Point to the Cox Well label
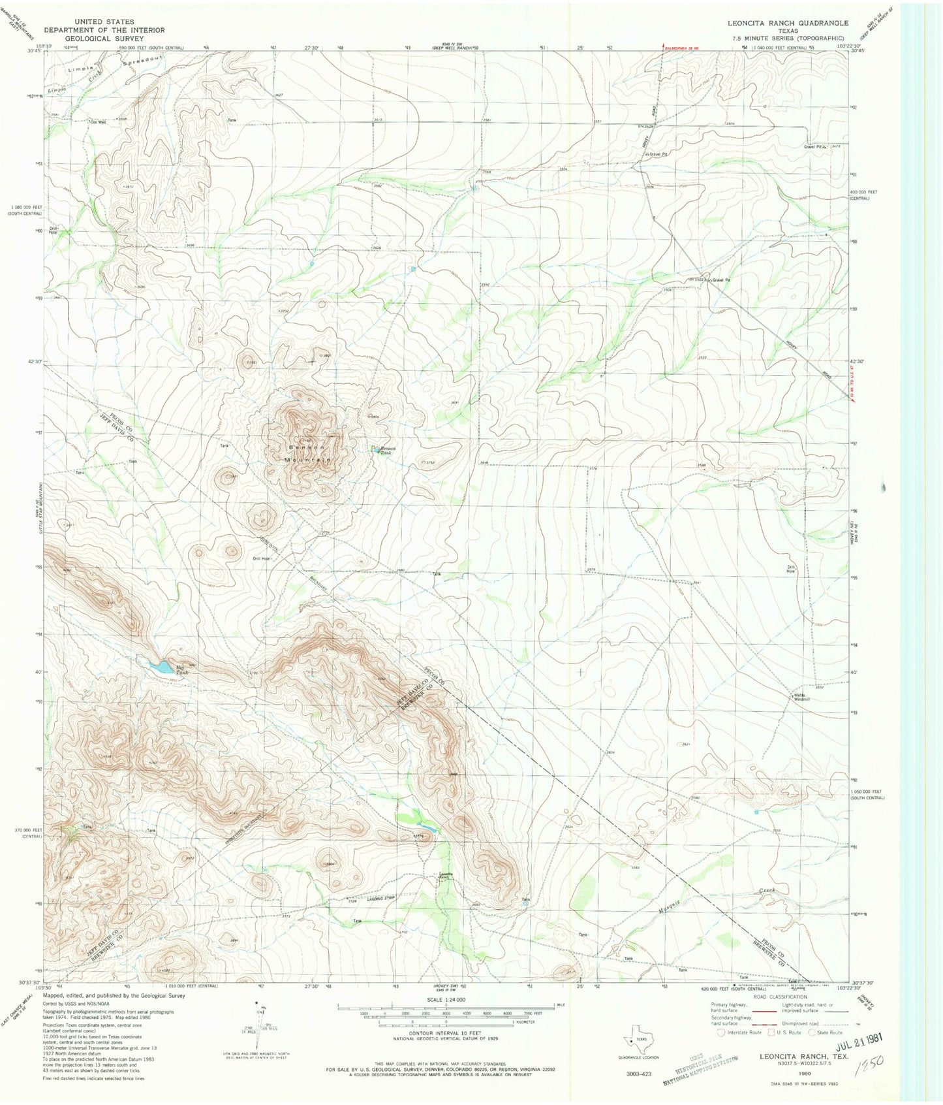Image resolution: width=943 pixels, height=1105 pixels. click(97, 121)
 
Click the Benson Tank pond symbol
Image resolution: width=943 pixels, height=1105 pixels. click(375, 449)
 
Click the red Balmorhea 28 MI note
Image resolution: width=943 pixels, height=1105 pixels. click(685, 48)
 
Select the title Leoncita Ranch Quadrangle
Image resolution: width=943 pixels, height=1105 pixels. click(788, 23)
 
